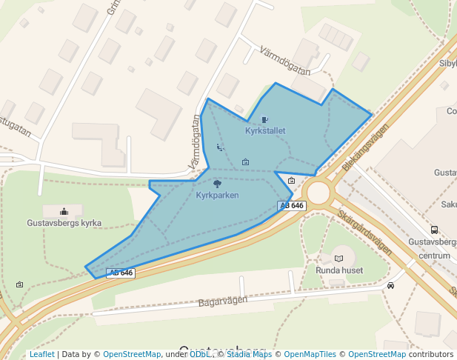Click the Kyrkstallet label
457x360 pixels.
click(265, 131)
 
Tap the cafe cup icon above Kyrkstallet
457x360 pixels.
click(264, 119)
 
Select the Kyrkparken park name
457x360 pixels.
click(217, 195)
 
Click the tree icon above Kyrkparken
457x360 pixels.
click(217, 183)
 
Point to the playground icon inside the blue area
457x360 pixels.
click(219, 147)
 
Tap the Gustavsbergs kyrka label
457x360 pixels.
click(64, 223)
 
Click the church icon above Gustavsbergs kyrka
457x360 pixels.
click(64, 212)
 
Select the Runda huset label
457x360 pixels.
click(339, 270)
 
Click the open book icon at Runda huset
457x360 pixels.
click(339, 259)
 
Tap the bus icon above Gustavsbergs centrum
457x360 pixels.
click(434, 230)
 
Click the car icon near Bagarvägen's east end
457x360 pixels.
click(390, 285)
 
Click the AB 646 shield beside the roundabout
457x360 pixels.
click(293, 205)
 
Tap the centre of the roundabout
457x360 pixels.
click(318, 193)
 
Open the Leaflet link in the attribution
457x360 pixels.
click(41, 355)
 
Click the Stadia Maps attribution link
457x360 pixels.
click(250, 355)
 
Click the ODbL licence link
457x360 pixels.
click(199, 355)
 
